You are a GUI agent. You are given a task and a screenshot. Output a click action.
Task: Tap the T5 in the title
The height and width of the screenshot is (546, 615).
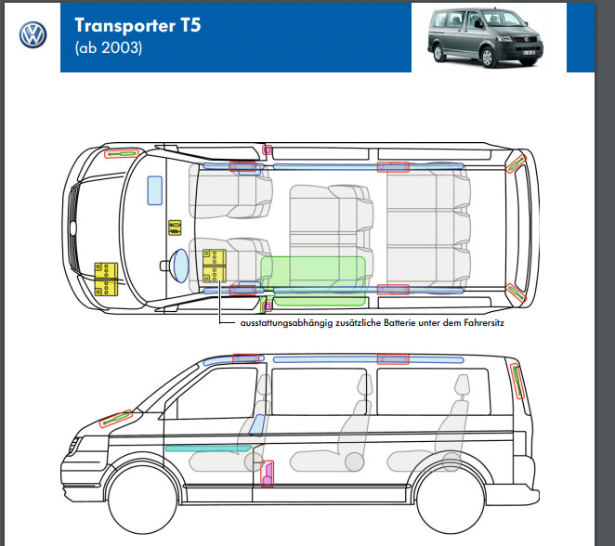click(x=188, y=25)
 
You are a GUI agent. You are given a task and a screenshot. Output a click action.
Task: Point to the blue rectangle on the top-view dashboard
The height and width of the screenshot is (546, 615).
click(x=154, y=189)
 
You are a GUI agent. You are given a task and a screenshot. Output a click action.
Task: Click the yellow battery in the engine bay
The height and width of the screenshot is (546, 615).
click(x=107, y=279)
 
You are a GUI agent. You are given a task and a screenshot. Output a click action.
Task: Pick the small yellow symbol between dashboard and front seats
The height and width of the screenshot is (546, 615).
click(x=173, y=227)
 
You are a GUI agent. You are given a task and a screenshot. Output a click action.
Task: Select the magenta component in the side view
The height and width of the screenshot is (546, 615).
click(x=268, y=474)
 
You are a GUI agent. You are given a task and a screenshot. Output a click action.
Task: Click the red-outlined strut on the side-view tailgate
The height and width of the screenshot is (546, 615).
click(x=517, y=381)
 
